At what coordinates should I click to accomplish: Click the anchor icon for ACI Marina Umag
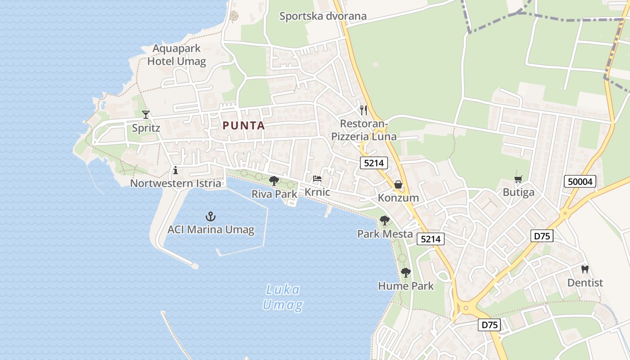[210, 216]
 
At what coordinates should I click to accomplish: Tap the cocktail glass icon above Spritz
[145, 114]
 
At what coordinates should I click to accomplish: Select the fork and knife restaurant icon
[364, 110]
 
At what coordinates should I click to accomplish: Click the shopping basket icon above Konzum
[398, 184]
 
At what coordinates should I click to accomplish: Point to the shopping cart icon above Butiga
[518, 180]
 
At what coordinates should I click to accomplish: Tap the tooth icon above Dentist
[585, 270]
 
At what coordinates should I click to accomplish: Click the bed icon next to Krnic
[317, 179]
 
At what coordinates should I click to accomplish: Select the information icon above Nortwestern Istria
[175, 170]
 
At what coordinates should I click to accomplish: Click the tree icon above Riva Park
[274, 181]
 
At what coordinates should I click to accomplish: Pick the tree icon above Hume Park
[405, 273]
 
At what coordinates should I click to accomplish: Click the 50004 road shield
[580, 182]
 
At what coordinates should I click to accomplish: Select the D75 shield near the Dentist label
[542, 236]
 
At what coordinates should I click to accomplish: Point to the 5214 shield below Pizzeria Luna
[373, 163]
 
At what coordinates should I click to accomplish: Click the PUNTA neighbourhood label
[243, 126]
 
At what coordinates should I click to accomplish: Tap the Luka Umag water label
[283, 297]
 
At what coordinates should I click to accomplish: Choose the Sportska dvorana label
[323, 17]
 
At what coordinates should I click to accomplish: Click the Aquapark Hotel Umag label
[176, 55]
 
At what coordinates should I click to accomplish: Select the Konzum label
[398, 198]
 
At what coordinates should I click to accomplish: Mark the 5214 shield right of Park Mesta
[430, 239]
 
